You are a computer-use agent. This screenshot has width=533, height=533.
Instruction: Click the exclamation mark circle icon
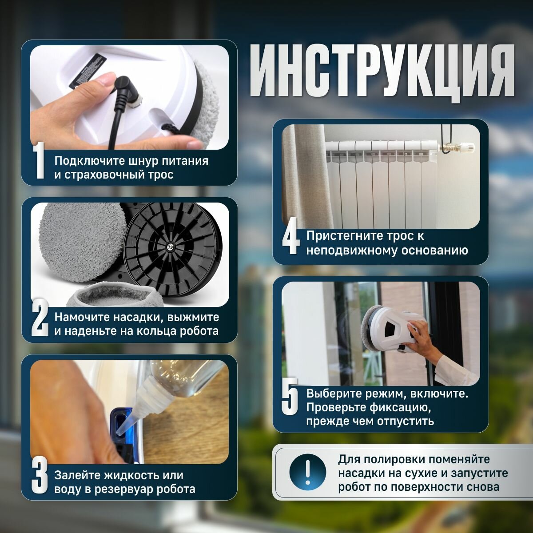click(x=307, y=473)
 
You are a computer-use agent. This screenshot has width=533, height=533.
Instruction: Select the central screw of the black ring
click(x=169, y=247)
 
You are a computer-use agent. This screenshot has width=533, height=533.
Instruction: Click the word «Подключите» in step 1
click(x=90, y=161)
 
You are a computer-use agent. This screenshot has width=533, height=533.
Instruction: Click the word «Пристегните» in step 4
click(x=346, y=236)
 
